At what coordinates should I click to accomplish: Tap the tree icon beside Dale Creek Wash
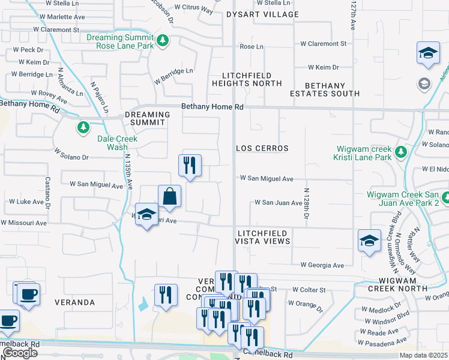tap(83, 127)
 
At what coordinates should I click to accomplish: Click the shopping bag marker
tap(170, 196)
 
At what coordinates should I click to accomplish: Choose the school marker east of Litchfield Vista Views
tap(369, 241)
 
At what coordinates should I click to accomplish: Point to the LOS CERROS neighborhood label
tap(262, 148)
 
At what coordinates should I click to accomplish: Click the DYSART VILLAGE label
tap(262, 14)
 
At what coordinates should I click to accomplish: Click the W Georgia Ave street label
tap(322, 265)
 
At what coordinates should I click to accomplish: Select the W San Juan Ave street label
tap(278, 203)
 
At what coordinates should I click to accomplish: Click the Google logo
tap(20, 353)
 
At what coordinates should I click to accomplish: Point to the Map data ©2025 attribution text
tap(424, 355)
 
